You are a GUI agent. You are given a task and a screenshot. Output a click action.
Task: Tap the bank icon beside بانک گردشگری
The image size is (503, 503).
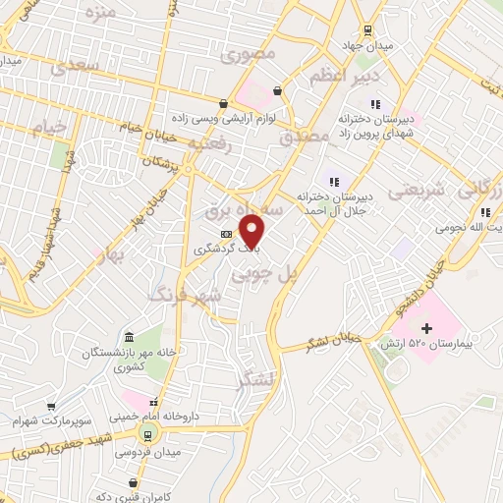pyautogui.click(x=227, y=234)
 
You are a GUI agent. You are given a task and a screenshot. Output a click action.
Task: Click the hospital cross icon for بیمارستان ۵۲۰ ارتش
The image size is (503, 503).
pyautogui.click(x=426, y=328)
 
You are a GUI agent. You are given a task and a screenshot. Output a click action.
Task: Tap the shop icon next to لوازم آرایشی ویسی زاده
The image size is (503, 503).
pyautogui.click(x=224, y=103)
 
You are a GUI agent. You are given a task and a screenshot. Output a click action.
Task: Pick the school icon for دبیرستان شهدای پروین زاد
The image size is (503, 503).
pyautogui.click(x=374, y=104)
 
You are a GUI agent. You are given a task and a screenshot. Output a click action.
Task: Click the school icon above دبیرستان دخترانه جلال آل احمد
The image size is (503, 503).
pyautogui.click(x=334, y=180)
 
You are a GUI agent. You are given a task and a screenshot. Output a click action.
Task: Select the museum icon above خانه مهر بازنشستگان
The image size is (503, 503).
pyautogui.click(x=129, y=337)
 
